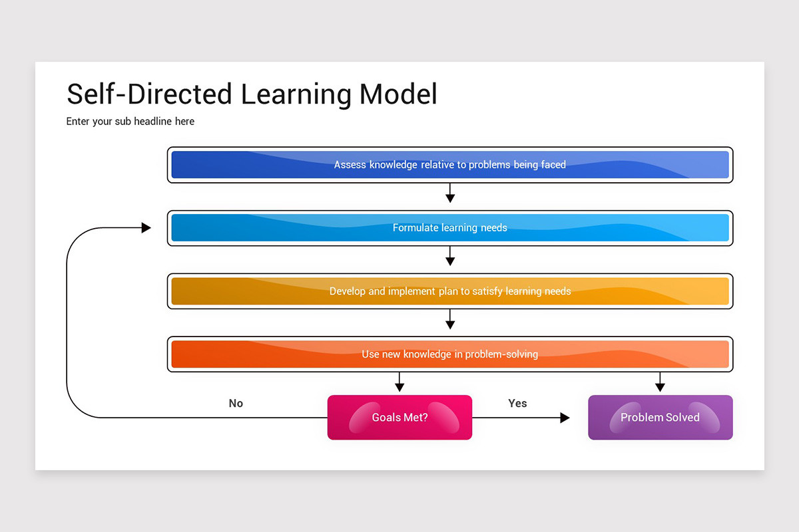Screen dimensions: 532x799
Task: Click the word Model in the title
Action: tap(398, 94)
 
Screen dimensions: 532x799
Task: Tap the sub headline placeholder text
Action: tap(131, 122)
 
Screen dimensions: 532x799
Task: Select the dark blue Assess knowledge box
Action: tap(450, 165)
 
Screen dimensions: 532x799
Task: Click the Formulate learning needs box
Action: tap(450, 228)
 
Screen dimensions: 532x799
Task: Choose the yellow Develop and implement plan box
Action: tap(450, 291)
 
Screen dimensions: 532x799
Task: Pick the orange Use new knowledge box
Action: tap(450, 354)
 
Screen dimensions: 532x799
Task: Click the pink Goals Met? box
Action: tap(400, 418)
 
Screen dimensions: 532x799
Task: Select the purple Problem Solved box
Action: tap(660, 418)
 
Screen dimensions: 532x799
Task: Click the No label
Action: tap(236, 403)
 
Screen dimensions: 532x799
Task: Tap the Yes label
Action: tap(517, 403)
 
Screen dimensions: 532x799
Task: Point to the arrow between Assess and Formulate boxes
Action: tap(450, 194)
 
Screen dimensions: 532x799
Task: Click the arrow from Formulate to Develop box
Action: tap(450, 257)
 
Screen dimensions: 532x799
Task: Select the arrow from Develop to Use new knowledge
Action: tap(450, 320)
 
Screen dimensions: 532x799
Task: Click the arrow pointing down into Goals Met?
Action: tap(400, 383)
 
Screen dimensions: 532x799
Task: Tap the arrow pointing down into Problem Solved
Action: tap(660, 383)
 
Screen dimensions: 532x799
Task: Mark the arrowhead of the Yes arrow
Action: tap(565, 418)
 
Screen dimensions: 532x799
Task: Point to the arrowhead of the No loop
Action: tap(146, 228)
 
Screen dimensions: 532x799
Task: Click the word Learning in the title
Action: tap(296, 94)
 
